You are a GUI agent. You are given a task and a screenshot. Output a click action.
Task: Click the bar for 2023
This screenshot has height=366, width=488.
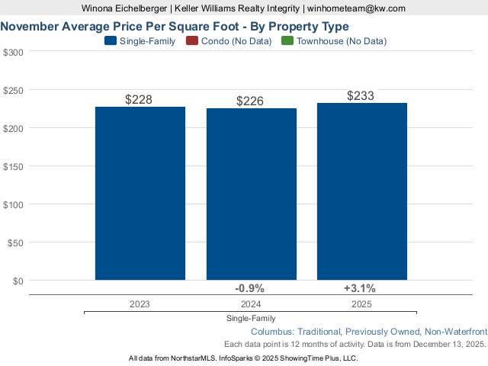click(x=140, y=193)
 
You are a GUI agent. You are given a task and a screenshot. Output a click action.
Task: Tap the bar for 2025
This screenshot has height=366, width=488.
click(x=362, y=191)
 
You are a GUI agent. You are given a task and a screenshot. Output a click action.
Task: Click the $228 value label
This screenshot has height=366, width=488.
click(x=140, y=100)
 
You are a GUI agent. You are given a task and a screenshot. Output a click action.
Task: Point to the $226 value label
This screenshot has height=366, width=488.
click(x=251, y=101)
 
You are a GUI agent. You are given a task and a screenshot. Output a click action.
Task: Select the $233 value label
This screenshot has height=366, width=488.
click(x=361, y=96)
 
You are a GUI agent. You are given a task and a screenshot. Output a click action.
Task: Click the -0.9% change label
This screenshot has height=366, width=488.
click(x=250, y=288)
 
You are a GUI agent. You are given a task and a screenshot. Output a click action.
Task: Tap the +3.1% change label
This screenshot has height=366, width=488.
click(x=360, y=288)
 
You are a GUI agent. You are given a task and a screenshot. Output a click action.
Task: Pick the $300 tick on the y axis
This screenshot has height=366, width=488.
click(x=13, y=52)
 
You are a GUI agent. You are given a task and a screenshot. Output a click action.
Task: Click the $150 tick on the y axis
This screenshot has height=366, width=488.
click(x=13, y=166)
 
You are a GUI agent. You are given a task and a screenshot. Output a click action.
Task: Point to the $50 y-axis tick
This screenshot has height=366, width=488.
click(x=15, y=242)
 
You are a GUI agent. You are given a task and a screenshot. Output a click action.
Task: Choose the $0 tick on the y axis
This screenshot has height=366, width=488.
click(x=18, y=281)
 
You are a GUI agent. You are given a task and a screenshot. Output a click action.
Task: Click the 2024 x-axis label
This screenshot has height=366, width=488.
click(x=251, y=303)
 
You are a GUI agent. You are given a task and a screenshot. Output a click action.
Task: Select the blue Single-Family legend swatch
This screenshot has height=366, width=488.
click(x=110, y=41)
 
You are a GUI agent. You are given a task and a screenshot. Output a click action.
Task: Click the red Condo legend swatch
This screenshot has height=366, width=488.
click(x=191, y=41)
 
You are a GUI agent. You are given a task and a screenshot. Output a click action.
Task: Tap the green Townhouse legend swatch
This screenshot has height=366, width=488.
click(x=287, y=41)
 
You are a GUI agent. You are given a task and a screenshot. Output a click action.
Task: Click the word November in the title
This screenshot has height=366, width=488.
click(x=30, y=26)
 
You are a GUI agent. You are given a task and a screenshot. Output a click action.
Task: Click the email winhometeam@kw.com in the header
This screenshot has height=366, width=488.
click(x=356, y=8)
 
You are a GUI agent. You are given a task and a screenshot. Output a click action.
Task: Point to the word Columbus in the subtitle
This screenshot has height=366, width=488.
click(x=272, y=332)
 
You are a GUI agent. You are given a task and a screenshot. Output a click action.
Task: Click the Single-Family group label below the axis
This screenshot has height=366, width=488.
click(x=251, y=318)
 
